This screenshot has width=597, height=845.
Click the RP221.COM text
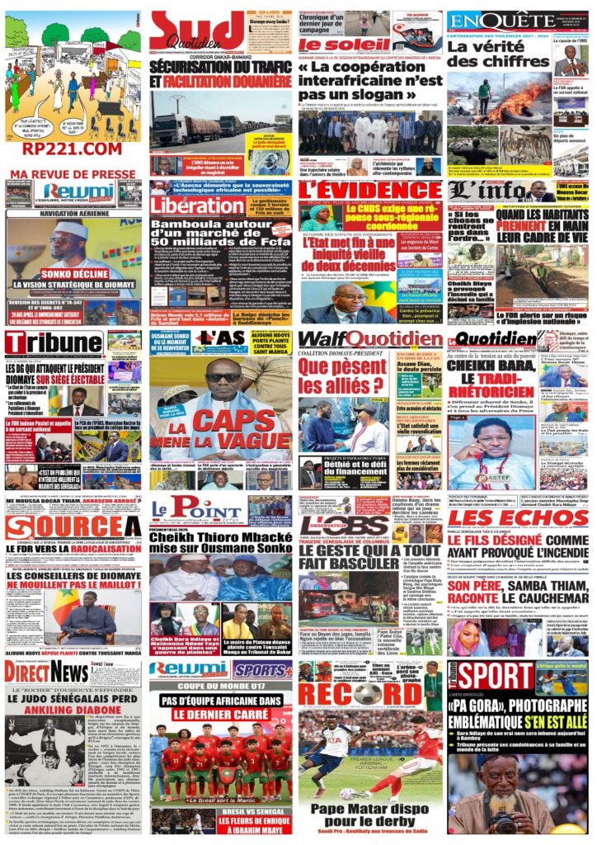tap(73, 149)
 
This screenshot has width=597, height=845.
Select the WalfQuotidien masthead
tap(369, 339)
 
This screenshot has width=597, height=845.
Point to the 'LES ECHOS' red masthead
tap(519, 518)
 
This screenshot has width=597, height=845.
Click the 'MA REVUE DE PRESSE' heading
tap(73, 174)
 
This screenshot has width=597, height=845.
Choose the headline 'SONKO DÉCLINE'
tap(70, 274)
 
